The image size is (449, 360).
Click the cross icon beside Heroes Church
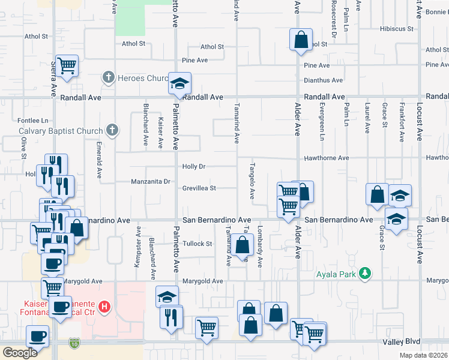coord(108,77)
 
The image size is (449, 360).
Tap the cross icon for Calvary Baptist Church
coord(112,129)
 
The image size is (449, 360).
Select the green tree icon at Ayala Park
coord(364,274)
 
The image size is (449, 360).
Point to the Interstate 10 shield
coord(74,342)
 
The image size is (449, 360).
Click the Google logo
coord(20,352)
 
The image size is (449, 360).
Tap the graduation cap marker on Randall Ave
coord(179,84)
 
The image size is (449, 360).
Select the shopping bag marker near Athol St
coord(301,41)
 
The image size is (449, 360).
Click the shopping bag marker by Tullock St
coord(243,245)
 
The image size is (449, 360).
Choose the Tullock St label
coord(198,244)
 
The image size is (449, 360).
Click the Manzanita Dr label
coord(151,181)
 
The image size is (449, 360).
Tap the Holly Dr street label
coord(194,166)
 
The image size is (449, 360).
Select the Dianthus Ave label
coord(324,80)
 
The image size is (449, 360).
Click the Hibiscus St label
coord(396,28)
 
